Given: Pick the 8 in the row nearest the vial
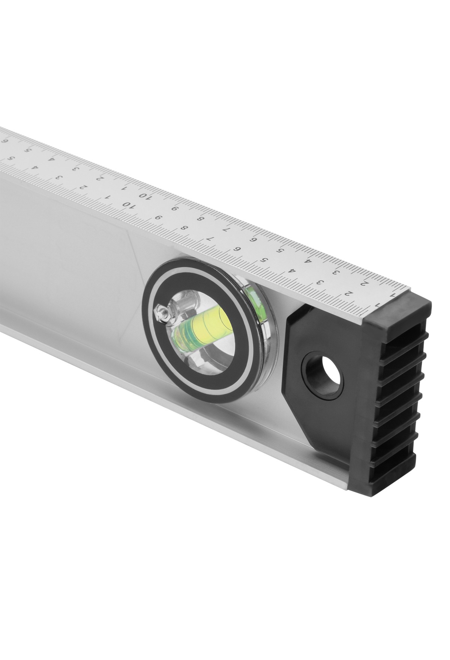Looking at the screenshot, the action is coord(184,228).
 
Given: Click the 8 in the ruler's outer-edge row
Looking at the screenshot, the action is coord(201,219).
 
